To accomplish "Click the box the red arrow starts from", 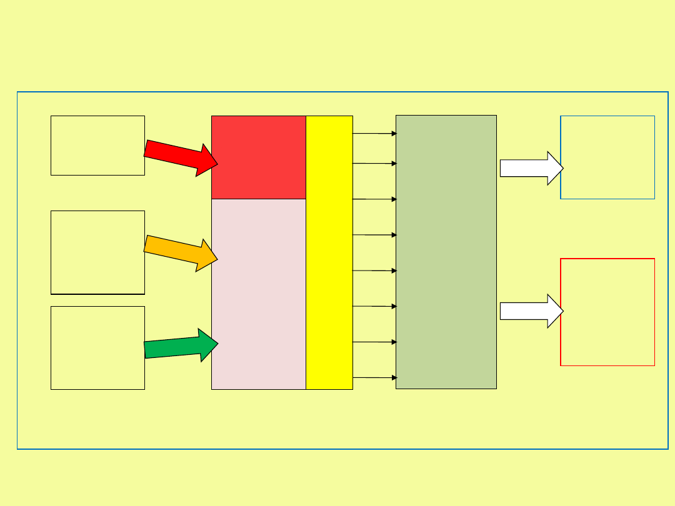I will coord(97,145).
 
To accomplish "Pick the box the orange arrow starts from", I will coord(97,252).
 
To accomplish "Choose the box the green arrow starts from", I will coord(97,347).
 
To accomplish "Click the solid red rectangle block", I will coord(258,157).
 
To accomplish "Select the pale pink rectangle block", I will coord(258,294).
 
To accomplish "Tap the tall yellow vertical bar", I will coord(329,252).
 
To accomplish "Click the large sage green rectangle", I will coord(446,252).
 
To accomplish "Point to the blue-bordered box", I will coord(607,157).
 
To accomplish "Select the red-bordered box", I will coord(607,312).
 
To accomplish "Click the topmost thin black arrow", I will coord(374,133).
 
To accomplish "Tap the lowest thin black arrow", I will coord(374,377).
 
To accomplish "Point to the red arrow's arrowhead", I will coord(208,161).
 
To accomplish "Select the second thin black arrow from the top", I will coord(374,163).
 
